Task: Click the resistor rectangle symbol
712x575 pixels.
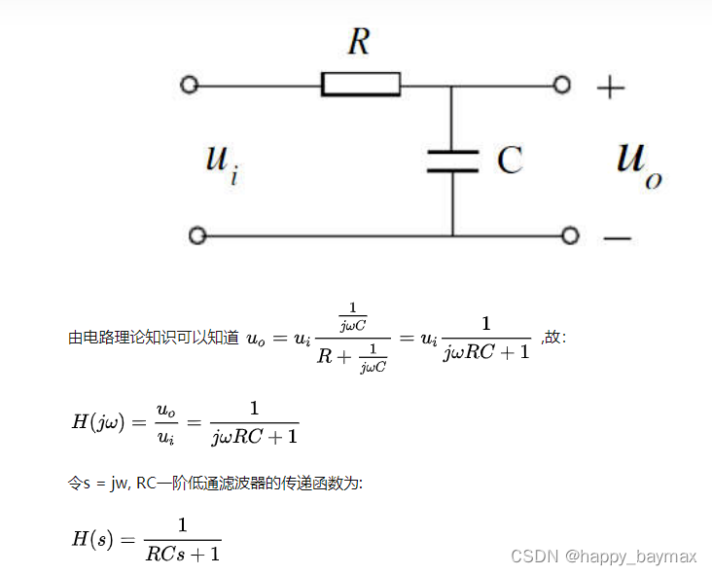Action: point(360,85)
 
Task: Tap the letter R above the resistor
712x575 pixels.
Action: point(359,43)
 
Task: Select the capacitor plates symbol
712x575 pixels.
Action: point(452,161)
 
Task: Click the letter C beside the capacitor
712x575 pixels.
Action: point(510,161)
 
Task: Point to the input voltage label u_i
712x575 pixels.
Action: point(221,160)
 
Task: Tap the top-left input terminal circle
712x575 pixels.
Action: point(190,85)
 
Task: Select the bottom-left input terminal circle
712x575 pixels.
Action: point(197,235)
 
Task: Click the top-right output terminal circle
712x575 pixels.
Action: point(561,85)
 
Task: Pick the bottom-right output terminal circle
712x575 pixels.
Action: point(570,235)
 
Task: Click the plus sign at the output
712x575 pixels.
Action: point(610,88)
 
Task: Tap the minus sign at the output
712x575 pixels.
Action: point(617,236)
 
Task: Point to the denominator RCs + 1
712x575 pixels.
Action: point(182,554)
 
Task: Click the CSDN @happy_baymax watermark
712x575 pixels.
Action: point(603,557)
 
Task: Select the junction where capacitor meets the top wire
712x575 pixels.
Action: point(452,86)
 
